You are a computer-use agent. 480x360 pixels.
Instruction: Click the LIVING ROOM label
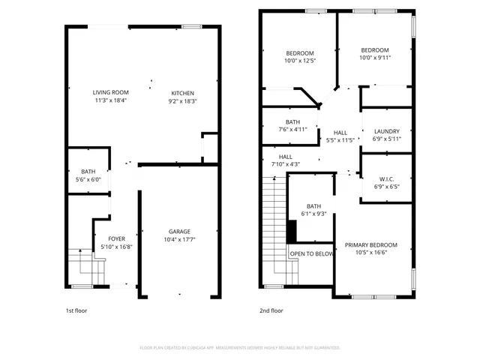pos(111,92)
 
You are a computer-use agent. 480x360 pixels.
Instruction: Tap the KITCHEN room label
pos(183,92)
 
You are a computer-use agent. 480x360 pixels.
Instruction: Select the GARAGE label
pos(179,231)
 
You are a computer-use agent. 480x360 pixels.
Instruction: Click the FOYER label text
pos(117,238)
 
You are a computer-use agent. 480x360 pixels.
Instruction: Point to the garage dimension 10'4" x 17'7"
pos(179,240)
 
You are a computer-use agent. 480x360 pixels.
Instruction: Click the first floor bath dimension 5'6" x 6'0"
pos(88,180)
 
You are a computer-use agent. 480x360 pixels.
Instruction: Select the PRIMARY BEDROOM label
pos(370,244)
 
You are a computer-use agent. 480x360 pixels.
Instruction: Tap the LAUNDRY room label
pos(387,131)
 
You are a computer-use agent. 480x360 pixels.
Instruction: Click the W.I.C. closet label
pos(388,178)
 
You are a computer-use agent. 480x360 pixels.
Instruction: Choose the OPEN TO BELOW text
pos(312,254)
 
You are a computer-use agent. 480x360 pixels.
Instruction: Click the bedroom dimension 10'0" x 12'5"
pos(299,61)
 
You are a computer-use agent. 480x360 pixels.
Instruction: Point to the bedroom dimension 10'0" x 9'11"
pos(374,58)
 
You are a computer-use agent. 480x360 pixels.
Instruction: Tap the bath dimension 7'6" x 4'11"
pos(293,130)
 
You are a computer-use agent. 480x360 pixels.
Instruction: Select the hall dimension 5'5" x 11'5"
pos(340,139)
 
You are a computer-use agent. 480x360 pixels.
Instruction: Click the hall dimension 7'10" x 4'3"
pos(285,164)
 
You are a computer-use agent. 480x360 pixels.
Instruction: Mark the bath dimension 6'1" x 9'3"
pos(313,214)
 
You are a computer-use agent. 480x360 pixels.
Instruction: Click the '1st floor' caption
pos(76,310)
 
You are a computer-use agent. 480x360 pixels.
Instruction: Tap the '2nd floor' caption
pos(271,310)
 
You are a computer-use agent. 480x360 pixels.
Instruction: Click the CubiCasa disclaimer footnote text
pos(240,347)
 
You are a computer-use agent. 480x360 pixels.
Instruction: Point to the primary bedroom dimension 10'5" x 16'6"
pos(370,253)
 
